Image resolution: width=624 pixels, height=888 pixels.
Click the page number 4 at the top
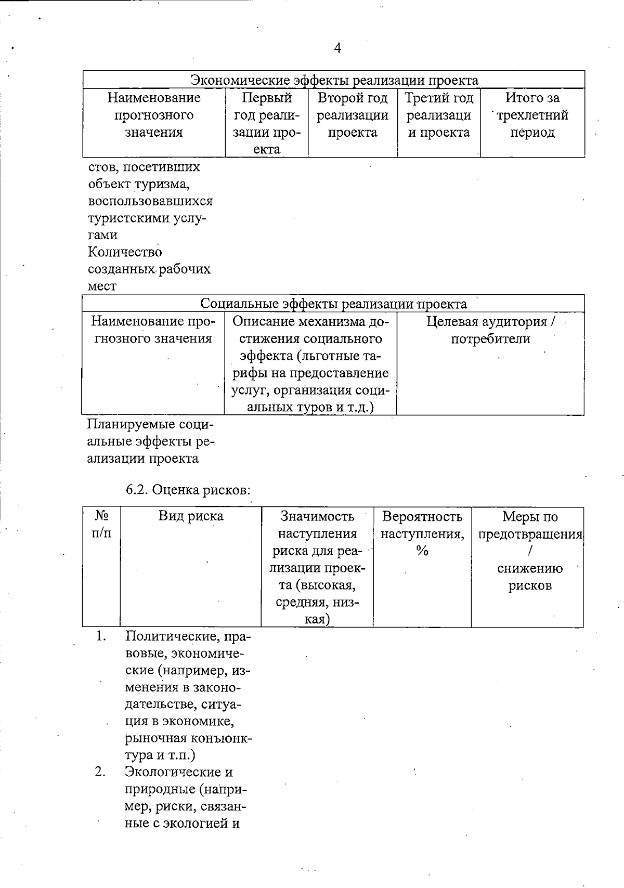click(337, 48)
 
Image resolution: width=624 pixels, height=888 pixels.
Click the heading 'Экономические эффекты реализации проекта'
click(334, 80)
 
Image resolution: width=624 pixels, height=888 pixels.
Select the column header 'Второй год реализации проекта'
click(353, 115)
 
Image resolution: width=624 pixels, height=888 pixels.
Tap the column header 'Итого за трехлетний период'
click(532, 115)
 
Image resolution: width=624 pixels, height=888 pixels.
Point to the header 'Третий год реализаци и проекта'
click(439, 115)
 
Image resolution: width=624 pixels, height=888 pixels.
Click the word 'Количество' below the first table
click(125, 252)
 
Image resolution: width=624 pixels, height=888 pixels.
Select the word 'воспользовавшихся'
click(150, 201)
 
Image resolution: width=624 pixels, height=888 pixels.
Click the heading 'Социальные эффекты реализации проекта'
click(333, 304)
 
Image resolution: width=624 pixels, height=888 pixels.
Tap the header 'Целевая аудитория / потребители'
click(490, 330)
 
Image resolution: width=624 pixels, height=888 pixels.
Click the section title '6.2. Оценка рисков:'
click(188, 490)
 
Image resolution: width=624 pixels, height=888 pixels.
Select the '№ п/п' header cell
click(101, 524)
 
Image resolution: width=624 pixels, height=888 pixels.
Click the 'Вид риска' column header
click(191, 516)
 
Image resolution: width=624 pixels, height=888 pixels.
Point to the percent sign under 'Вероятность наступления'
click(422, 551)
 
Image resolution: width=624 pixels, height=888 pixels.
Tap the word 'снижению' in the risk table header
click(529, 568)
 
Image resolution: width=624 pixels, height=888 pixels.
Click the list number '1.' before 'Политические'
click(101, 636)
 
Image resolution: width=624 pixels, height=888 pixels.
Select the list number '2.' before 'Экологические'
click(101, 772)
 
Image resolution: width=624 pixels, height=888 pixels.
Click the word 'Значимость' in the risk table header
click(317, 516)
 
